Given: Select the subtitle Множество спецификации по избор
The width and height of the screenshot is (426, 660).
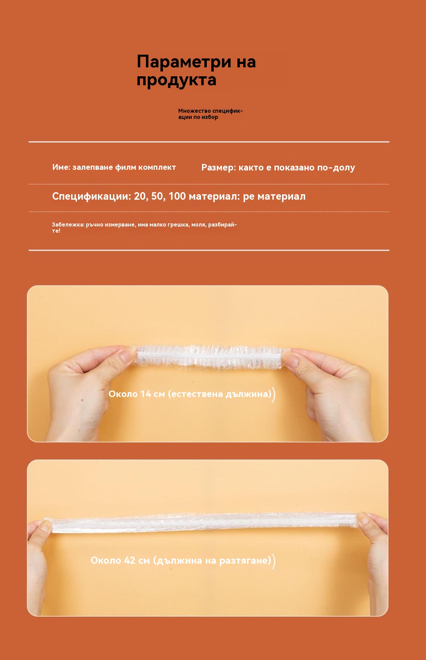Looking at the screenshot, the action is (x=211, y=114).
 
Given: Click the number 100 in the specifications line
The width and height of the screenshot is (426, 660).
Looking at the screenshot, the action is (x=177, y=196).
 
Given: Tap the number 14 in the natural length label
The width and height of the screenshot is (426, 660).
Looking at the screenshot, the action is (x=146, y=394).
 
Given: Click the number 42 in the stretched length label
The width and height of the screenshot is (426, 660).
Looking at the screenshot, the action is (x=130, y=561).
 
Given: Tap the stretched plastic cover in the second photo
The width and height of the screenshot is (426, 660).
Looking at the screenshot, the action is (x=203, y=522).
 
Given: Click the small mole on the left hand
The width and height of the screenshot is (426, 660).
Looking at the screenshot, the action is (x=82, y=400).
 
